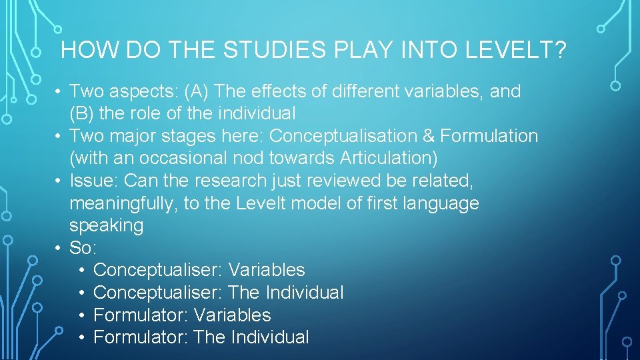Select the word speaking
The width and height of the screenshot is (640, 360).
106,225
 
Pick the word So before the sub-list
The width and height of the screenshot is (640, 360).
81,248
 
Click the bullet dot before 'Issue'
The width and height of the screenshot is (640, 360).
59,181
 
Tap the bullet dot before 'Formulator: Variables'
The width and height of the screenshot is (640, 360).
80,315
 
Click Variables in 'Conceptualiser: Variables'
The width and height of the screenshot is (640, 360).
266,270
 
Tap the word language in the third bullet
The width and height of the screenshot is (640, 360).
441,203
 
